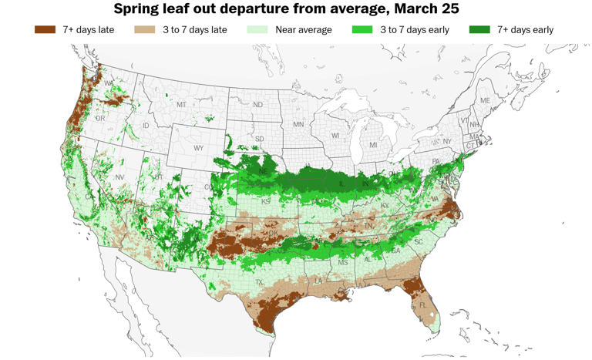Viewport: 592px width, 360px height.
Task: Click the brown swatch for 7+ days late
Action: point(45,29)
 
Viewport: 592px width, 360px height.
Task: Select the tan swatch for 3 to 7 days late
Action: point(145,29)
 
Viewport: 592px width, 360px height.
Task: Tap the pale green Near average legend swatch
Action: point(257,29)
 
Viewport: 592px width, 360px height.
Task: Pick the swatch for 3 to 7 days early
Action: point(362,29)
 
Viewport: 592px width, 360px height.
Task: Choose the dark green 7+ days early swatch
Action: point(479,29)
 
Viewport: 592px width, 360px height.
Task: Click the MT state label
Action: point(181,105)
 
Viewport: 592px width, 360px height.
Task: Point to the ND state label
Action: point(257,105)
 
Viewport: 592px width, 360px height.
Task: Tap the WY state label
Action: point(199,148)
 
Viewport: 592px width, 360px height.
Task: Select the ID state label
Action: point(146,126)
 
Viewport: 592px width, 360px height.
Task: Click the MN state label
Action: point(298,124)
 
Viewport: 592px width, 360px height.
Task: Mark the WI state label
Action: point(335,136)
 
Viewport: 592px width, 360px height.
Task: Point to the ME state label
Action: point(485,101)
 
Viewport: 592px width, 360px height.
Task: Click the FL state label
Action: point(422,305)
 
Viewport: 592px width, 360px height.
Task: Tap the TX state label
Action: point(259,282)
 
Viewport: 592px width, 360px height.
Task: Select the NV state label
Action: point(119,177)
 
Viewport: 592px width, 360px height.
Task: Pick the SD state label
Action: point(259,139)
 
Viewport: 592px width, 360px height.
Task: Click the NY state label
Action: point(446,142)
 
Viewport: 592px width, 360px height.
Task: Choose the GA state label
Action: point(395,251)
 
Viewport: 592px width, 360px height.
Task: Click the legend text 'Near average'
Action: point(304,29)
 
